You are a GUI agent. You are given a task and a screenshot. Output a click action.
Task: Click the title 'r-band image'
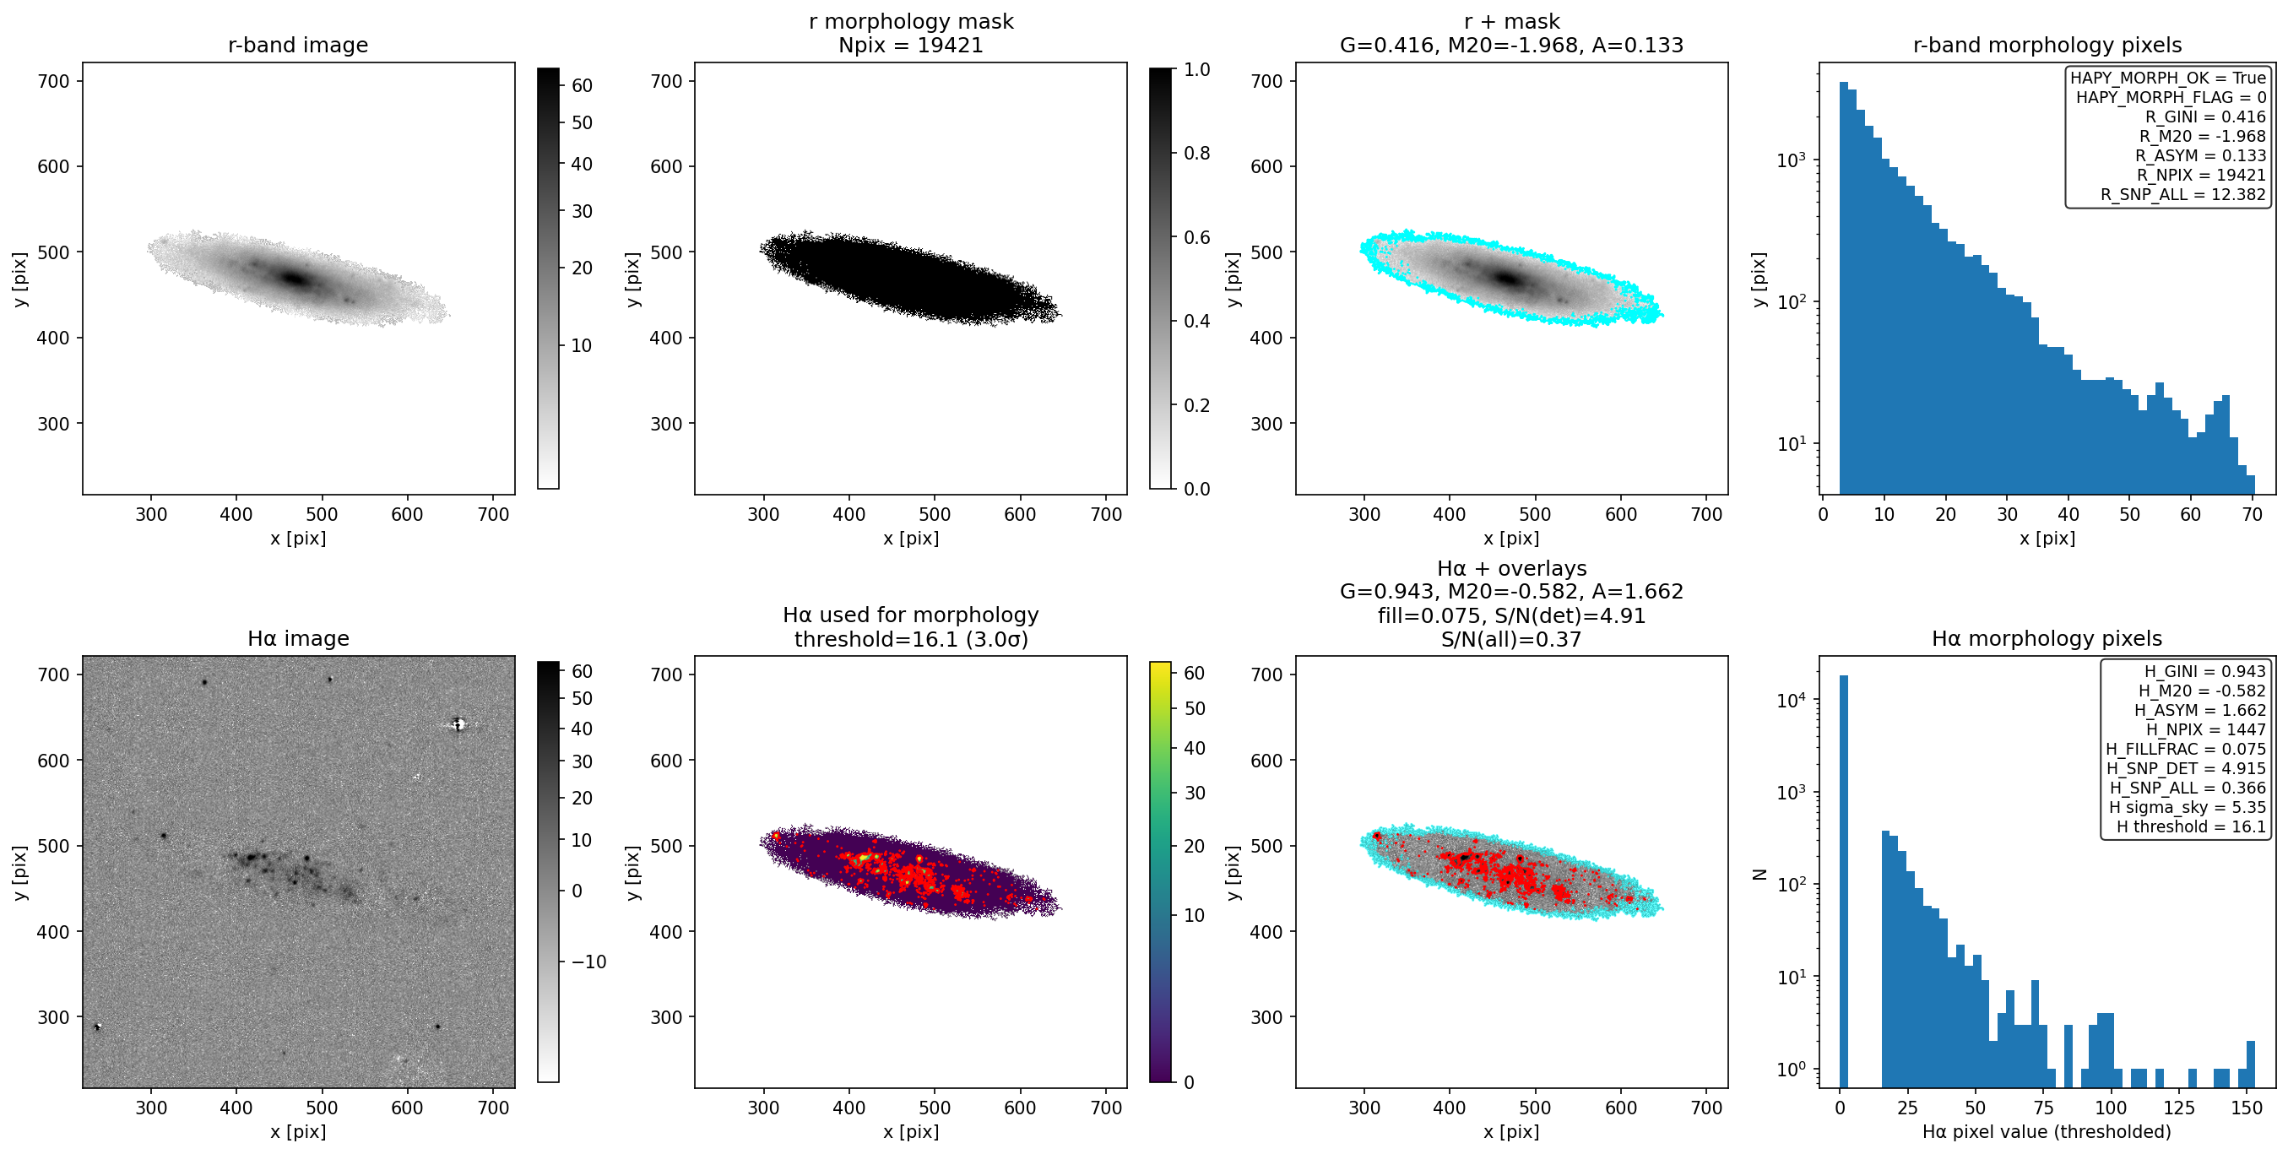[297, 46]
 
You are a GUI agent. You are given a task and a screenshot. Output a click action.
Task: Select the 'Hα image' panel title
[297, 639]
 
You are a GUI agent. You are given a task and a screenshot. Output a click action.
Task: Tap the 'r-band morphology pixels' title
[2047, 46]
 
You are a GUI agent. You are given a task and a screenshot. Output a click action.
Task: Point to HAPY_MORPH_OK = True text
[2168, 79]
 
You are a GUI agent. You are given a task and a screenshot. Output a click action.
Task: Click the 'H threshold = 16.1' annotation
[2191, 827]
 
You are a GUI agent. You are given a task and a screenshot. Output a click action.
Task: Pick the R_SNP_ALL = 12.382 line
[2183, 194]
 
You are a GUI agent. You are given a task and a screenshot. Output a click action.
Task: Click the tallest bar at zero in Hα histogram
[1843, 880]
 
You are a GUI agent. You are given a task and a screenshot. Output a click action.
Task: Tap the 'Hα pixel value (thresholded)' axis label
[2047, 1132]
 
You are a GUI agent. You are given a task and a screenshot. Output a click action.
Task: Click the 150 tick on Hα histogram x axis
[2247, 1108]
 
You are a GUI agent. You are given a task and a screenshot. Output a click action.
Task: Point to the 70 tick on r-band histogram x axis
[2252, 514]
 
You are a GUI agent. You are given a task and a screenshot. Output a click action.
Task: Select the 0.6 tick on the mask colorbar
[1196, 237]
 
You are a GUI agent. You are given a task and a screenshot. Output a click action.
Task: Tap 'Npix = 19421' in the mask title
[910, 46]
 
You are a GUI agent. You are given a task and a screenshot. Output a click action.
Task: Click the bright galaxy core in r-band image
[295, 279]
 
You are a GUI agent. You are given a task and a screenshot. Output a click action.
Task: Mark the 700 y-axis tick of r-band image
[53, 81]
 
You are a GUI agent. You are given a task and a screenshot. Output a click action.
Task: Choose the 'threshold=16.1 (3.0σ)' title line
[910, 640]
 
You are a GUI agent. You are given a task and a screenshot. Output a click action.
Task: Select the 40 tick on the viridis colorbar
[1195, 749]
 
